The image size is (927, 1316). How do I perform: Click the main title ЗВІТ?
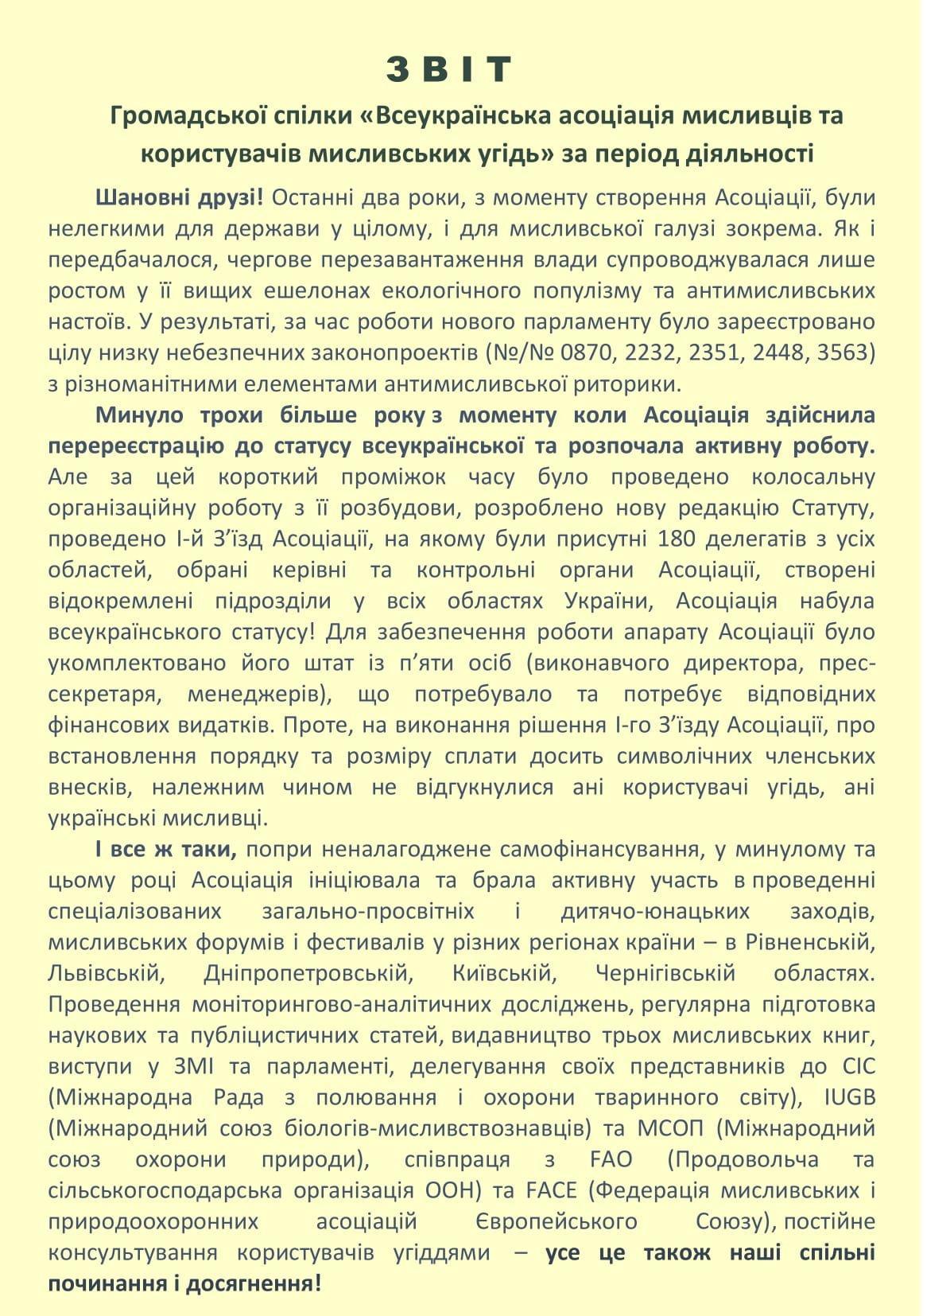[x=450, y=70]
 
